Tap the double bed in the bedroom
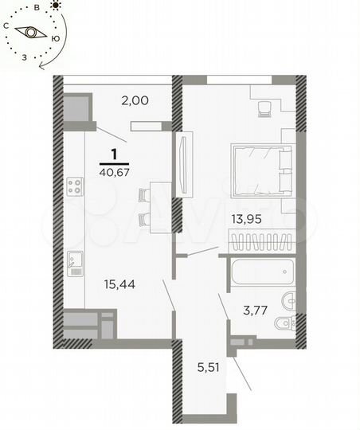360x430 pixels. pos(262,169)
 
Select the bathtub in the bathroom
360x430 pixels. pos(260,272)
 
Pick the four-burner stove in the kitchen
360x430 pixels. pos(76,187)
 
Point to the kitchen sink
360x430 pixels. pos(76,262)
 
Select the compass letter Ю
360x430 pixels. pos(54,37)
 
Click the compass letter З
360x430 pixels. pos(25,57)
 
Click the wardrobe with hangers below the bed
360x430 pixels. pos(260,240)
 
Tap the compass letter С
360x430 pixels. pos(6,26)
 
